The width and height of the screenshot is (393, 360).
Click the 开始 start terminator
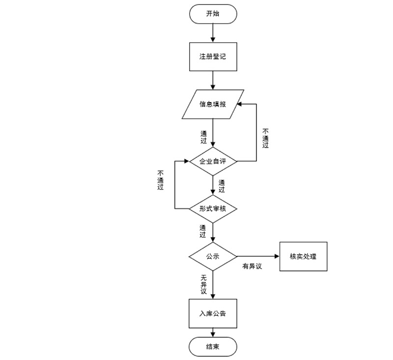(213, 14)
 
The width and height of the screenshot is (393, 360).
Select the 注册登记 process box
(213, 57)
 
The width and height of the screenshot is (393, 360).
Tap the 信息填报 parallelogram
(213, 104)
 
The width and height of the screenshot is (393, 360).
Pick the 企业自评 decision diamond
(213, 161)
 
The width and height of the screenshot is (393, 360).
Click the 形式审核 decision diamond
(213, 208)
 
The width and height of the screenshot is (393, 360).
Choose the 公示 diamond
(213, 256)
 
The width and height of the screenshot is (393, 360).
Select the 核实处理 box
(303, 256)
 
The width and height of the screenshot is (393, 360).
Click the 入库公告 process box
(213, 313)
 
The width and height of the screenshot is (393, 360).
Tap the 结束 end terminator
(213, 347)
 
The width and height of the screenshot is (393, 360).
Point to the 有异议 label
(252, 266)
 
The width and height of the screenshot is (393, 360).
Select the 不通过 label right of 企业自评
(266, 138)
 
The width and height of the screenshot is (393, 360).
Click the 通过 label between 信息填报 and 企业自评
(203, 137)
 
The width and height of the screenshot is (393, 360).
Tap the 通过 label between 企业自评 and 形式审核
(222, 186)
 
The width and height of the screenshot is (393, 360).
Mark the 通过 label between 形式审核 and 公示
(203, 231)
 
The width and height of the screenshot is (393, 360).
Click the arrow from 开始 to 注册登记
(213, 32)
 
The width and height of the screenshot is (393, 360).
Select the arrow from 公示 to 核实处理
(258, 256)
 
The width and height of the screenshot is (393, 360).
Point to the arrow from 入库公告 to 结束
(213, 333)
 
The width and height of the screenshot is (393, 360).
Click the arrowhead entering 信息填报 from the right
(239, 104)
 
